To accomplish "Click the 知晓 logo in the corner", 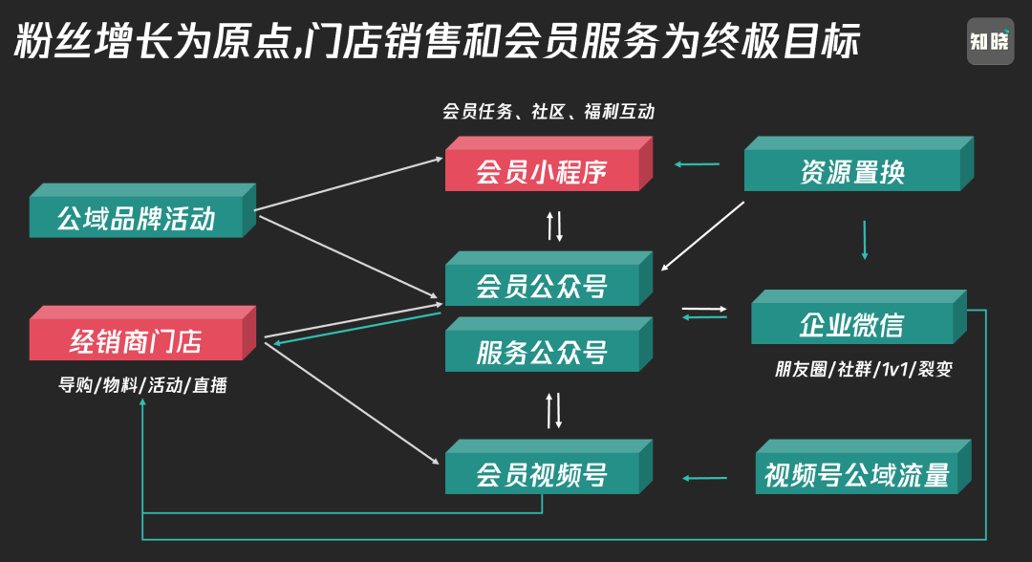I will [989, 41].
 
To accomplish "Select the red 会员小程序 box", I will [542, 172].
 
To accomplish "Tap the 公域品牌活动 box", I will [136, 219].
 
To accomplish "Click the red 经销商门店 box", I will [136, 340].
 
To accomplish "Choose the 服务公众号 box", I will [542, 352].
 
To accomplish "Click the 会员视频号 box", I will [542, 474].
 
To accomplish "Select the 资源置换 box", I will [852, 172].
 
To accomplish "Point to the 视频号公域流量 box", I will [856, 474].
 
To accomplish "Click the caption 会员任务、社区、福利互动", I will [548, 112].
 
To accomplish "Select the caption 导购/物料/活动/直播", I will [142, 386].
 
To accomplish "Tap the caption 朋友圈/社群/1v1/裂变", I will [863, 369].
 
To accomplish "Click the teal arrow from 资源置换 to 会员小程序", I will [698, 164].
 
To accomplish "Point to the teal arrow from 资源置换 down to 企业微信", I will [865, 240].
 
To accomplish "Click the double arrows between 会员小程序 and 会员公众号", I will [554, 226].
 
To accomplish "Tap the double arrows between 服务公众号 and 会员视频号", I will [554, 409].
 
